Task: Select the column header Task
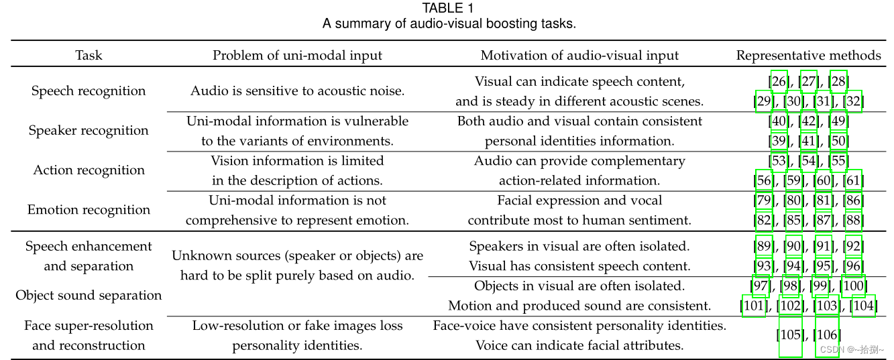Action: pos(89,55)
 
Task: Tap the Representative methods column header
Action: pos(808,55)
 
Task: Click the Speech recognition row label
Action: pos(89,91)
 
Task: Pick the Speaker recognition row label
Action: pos(89,130)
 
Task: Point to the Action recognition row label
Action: pos(89,170)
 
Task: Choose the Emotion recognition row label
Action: pos(89,209)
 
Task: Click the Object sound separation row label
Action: pos(89,295)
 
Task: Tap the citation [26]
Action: pos(779,82)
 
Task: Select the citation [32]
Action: pos(852,101)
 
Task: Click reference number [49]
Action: pos(838,121)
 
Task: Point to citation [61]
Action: pos(852,180)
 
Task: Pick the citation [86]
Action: pos(852,200)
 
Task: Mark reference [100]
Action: pos(854,286)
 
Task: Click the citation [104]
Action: pos(863,306)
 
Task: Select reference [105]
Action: pos(790,334)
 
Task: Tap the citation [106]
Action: pos(827,334)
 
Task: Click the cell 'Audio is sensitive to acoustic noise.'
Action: pos(297,91)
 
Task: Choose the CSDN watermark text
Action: pos(851,349)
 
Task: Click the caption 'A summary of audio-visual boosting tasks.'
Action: pos(449,23)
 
